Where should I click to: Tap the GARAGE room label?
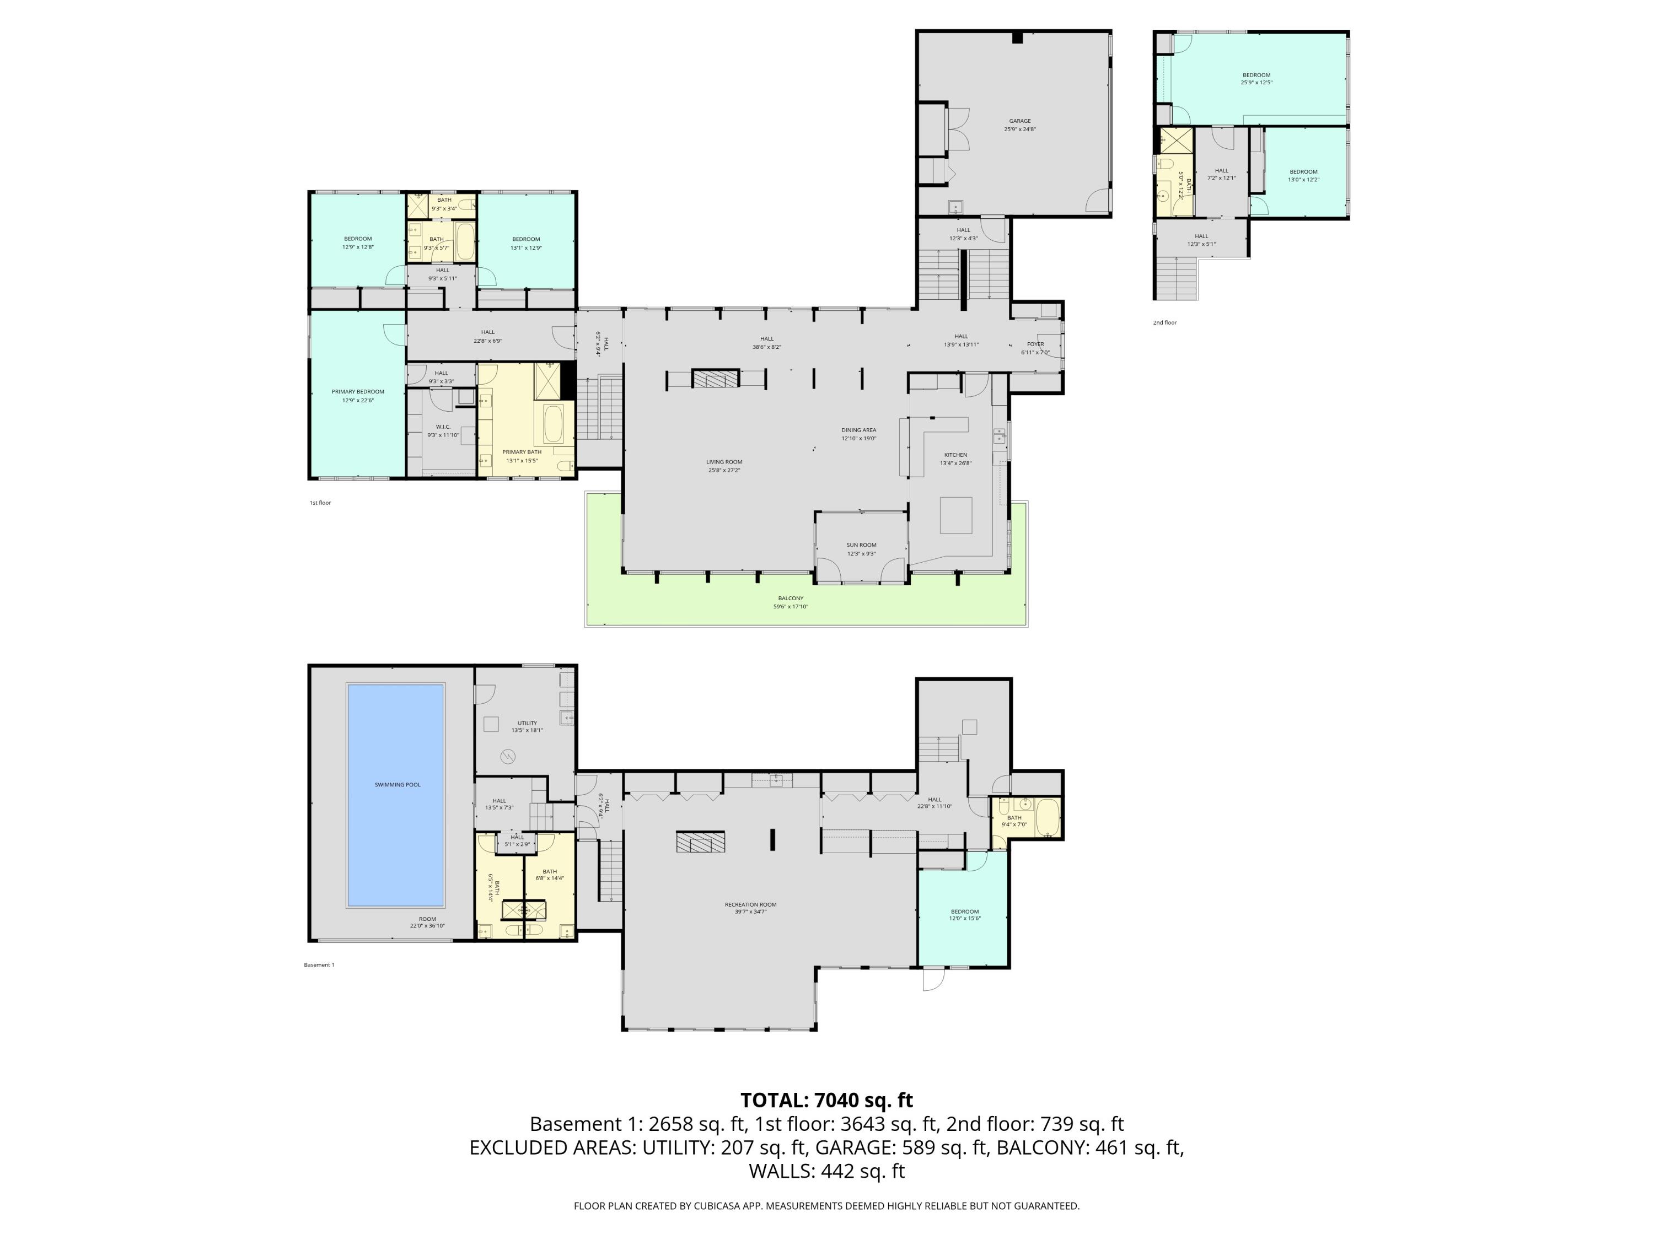[1019, 125]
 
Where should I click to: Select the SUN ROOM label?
[861, 548]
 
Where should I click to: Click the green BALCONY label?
[791, 602]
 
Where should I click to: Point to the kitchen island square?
[955, 515]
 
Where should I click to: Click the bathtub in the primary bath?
[554, 424]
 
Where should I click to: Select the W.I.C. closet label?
[443, 430]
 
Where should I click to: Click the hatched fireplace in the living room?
[715, 379]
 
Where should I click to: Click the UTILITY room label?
[527, 726]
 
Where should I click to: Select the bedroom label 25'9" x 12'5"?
[1256, 78]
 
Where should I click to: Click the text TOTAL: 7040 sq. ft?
[826, 1100]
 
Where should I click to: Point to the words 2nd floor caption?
[1164, 323]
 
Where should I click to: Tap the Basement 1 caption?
[319, 965]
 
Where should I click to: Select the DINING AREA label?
[858, 434]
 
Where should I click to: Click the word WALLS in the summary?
[781, 1171]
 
